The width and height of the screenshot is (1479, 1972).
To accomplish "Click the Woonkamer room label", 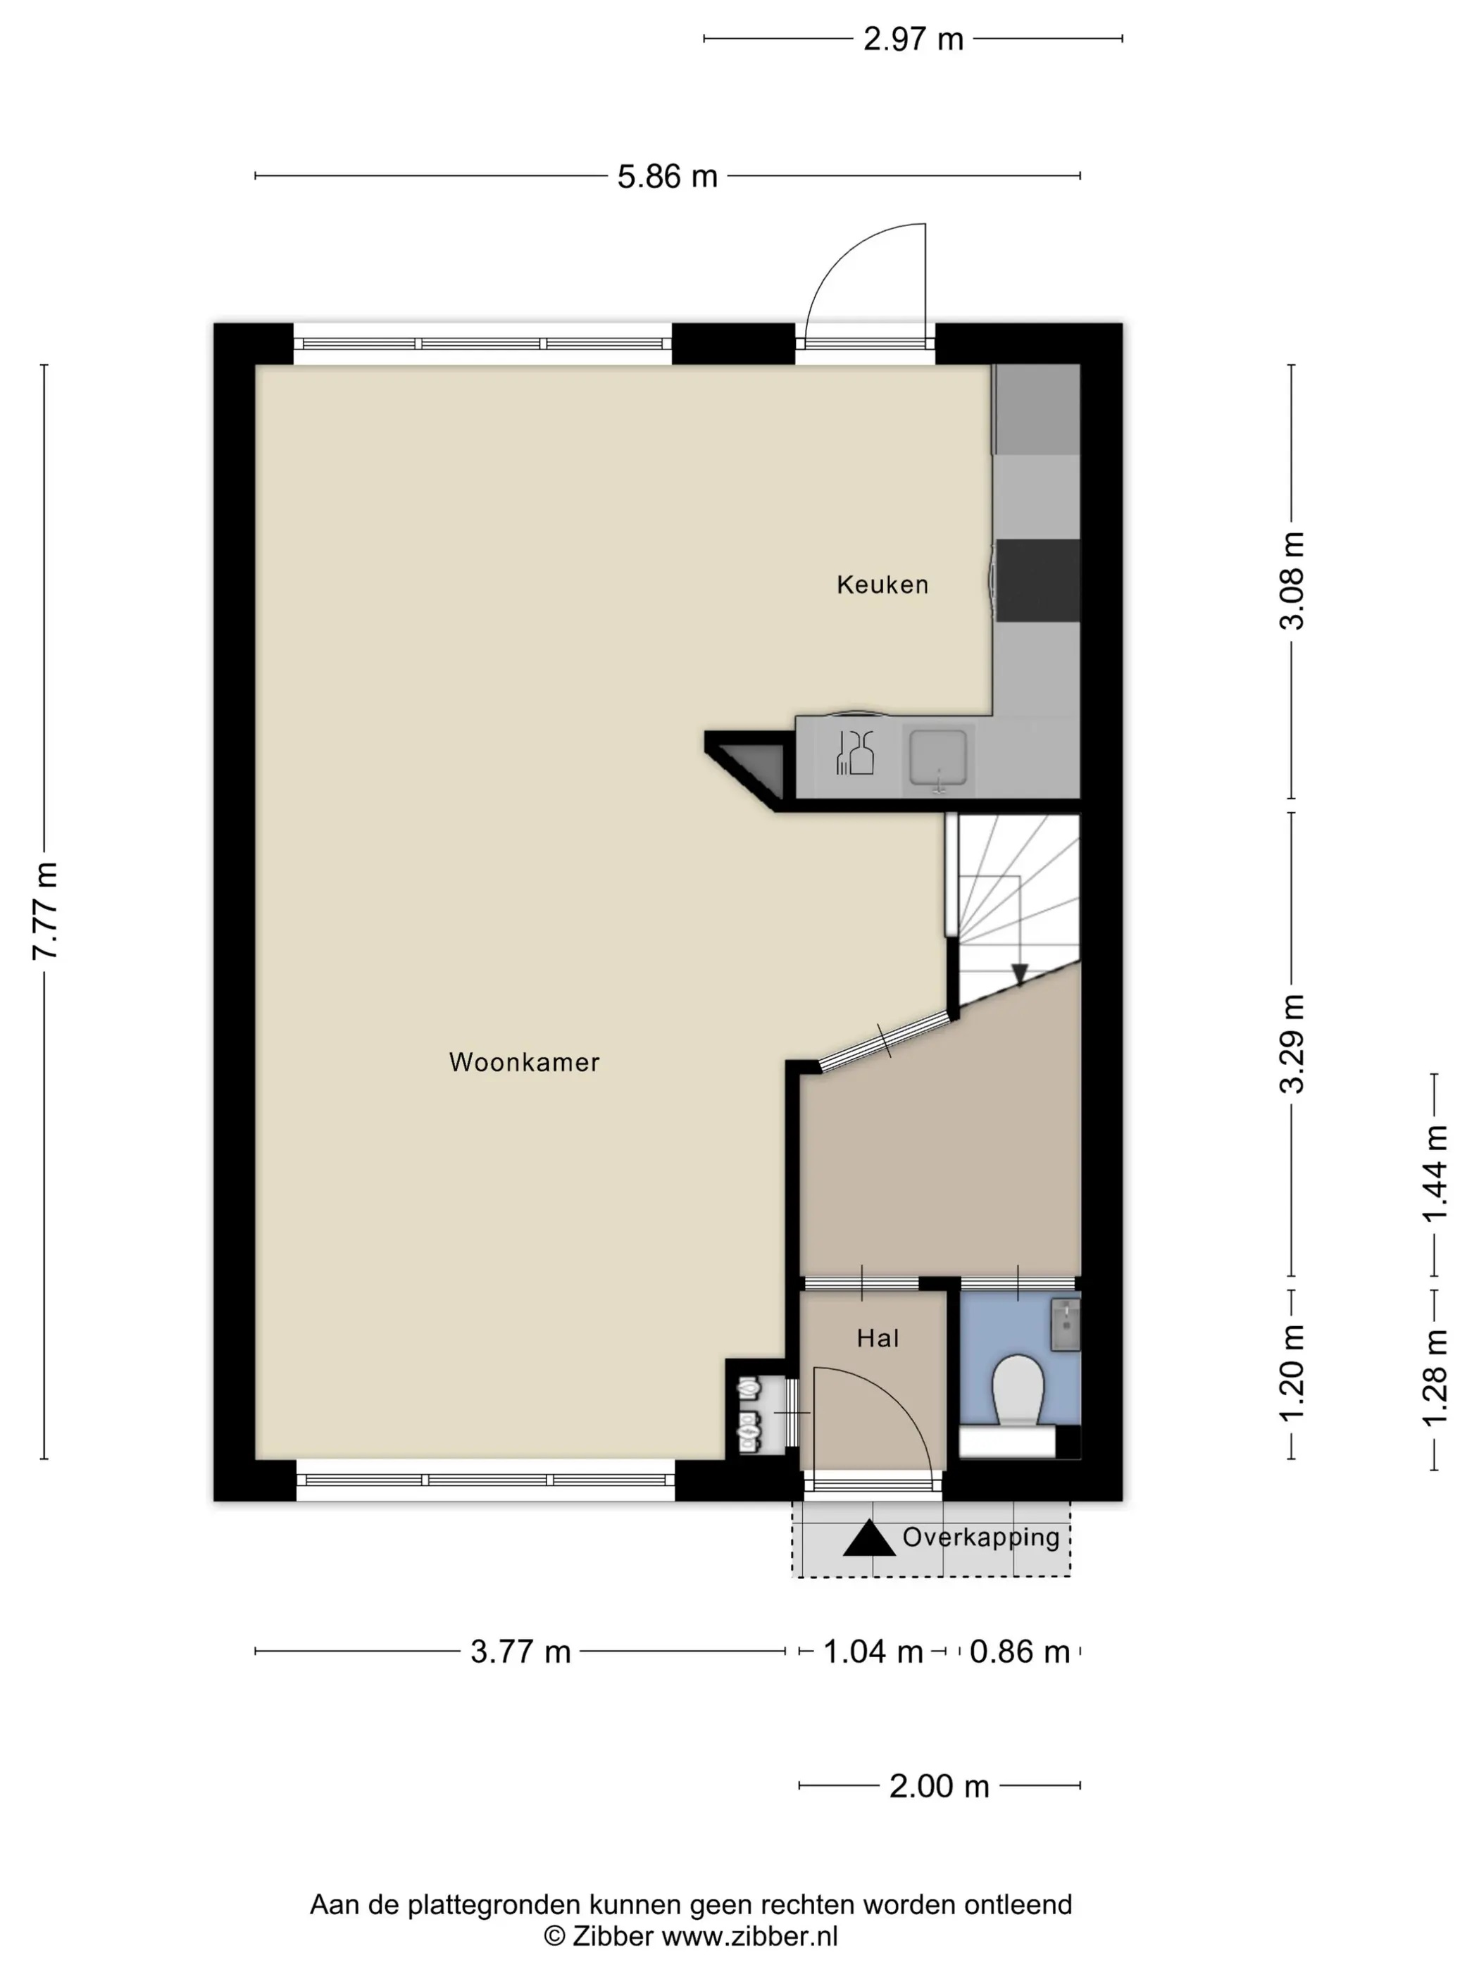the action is point(524,1062).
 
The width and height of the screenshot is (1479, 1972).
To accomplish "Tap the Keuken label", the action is point(882,585).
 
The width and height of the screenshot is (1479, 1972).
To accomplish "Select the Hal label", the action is point(878,1338).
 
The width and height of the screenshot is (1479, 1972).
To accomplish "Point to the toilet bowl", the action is point(1018,1392).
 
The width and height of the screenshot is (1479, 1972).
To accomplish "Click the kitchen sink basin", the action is point(938,758).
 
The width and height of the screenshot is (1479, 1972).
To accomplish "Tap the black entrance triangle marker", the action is point(869,1539).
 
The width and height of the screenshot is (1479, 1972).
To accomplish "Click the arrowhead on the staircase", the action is point(1020,975).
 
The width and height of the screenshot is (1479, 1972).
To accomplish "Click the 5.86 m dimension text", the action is point(668,177).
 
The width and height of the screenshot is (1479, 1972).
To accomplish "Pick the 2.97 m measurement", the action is point(913,39).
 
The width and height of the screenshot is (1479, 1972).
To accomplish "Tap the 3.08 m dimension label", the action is point(1292,581).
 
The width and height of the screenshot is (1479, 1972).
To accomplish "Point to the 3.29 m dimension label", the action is point(1292,1044).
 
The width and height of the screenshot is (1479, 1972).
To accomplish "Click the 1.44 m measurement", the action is point(1435,1174).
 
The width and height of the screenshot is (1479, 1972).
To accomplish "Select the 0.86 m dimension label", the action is point(1020,1652).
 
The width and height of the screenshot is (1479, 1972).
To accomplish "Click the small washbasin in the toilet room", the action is point(1066,1325).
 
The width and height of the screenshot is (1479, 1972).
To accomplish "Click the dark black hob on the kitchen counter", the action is point(1037,580).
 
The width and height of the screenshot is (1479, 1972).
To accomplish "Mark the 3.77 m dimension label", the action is point(520,1652).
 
